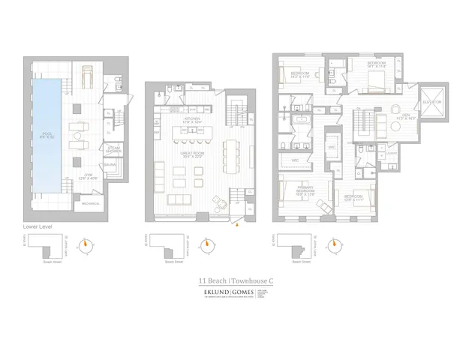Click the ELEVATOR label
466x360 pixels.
434,101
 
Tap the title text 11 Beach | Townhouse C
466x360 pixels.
233,283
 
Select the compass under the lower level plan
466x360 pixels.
91,244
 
